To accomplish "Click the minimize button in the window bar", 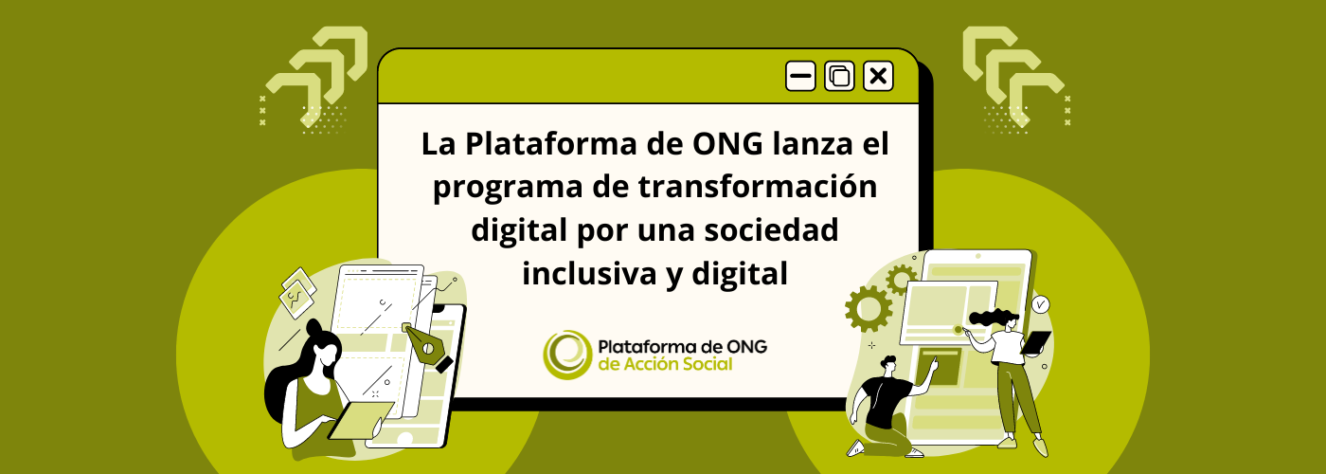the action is pos(800,76).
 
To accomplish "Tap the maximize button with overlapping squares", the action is pos(839,76).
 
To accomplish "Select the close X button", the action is pos(878,76).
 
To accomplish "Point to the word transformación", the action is pos(758,187).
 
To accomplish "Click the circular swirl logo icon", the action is pos(567,355).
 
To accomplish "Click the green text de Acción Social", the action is pos(665,364).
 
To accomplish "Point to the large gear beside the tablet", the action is pos(869,308).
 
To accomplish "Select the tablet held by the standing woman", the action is pos(1036,343).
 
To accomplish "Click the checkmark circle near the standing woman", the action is pos(1040,304).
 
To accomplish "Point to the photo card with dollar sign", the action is pos(297,293).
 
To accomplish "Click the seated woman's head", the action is pos(323,345).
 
